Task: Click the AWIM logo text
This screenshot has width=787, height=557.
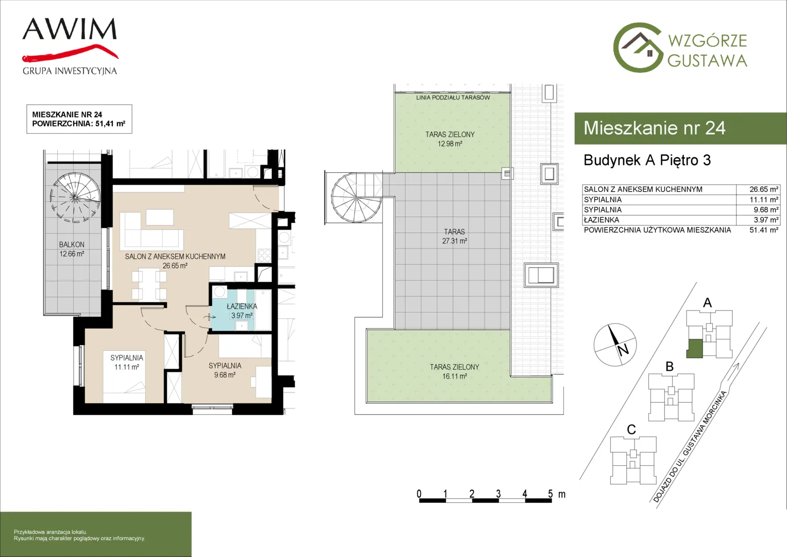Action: [x=70, y=29]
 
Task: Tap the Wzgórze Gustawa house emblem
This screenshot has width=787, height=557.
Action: [x=638, y=47]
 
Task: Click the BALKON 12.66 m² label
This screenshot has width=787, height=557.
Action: [x=72, y=249]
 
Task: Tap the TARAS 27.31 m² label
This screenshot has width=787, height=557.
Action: [x=454, y=236]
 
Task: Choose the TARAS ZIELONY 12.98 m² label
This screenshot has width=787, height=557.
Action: [x=450, y=139]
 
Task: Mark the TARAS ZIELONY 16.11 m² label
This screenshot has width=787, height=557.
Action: [x=454, y=371]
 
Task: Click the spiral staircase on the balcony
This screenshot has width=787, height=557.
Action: [x=75, y=197]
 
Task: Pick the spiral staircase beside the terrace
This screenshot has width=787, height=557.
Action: [x=356, y=198]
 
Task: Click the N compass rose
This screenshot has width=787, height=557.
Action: [x=615, y=345]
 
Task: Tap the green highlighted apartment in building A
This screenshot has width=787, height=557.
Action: [x=695, y=348]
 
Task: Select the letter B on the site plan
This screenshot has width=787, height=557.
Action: [x=670, y=367]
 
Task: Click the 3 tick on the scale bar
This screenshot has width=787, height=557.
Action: [x=498, y=494]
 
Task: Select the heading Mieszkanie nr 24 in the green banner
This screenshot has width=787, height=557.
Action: [x=655, y=128]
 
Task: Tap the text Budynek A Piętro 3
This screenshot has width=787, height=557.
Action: [x=647, y=160]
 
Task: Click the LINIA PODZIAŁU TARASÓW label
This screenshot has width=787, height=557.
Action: [x=453, y=97]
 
